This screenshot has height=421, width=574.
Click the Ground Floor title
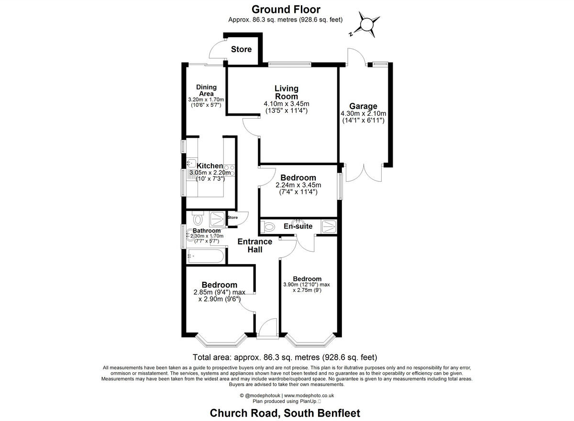click(x=286, y=9)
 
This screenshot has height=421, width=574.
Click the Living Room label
click(x=286, y=92)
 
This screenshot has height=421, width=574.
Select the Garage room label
click(x=363, y=106)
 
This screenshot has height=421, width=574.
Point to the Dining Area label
click(x=206, y=90)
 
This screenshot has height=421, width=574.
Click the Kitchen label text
click(x=210, y=166)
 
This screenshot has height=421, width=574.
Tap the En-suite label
click(x=298, y=226)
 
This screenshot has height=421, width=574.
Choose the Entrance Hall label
click(x=255, y=246)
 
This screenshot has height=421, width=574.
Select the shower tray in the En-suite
click(x=329, y=226)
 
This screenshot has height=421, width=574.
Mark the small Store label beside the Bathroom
click(x=232, y=218)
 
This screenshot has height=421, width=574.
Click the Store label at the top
click(x=241, y=49)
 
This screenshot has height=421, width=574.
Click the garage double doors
click(x=364, y=173)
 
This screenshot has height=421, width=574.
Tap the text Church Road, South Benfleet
click(x=285, y=413)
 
